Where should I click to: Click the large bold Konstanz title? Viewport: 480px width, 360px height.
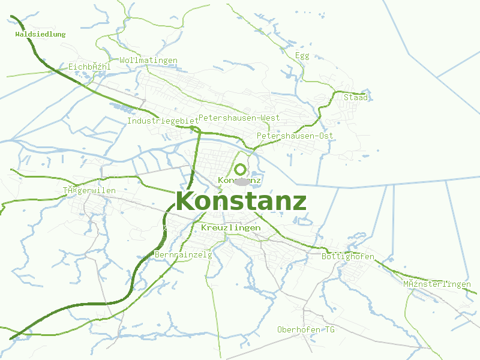pyautogui.click(x=241, y=201)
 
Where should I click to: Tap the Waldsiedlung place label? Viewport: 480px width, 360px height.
pyautogui.click(x=40, y=34)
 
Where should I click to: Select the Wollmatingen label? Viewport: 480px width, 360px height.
pyautogui.click(x=148, y=60)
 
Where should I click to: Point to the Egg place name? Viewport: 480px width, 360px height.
pyautogui.click(x=302, y=56)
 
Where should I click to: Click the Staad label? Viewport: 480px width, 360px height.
pyautogui.click(x=355, y=97)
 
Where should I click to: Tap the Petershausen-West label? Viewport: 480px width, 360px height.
pyautogui.click(x=239, y=118)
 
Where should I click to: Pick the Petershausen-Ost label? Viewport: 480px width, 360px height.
pyautogui.click(x=295, y=136)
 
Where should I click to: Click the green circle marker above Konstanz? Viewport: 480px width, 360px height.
pyautogui.click(x=241, y=169)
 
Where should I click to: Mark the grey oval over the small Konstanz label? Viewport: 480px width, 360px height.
pyautogui.click(x=241, y=181)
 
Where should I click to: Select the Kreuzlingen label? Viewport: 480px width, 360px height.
pyautogui.click(x=230, y=228)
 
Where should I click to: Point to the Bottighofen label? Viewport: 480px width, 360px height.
pyautogui.click(x=348, y=257)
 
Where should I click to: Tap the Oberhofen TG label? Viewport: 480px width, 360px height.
pyautogui.click(x=306, y=330)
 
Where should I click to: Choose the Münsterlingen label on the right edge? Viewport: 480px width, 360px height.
pyautogui.click(x=437, y=284)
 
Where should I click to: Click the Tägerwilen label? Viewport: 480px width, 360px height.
pyautogui.click(x=89, y=191)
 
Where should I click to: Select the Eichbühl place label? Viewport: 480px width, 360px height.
pyautogui.click(x=89, y=67)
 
